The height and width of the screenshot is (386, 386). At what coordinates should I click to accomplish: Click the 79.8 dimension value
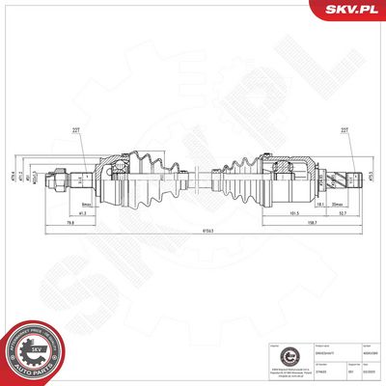[71, 225]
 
